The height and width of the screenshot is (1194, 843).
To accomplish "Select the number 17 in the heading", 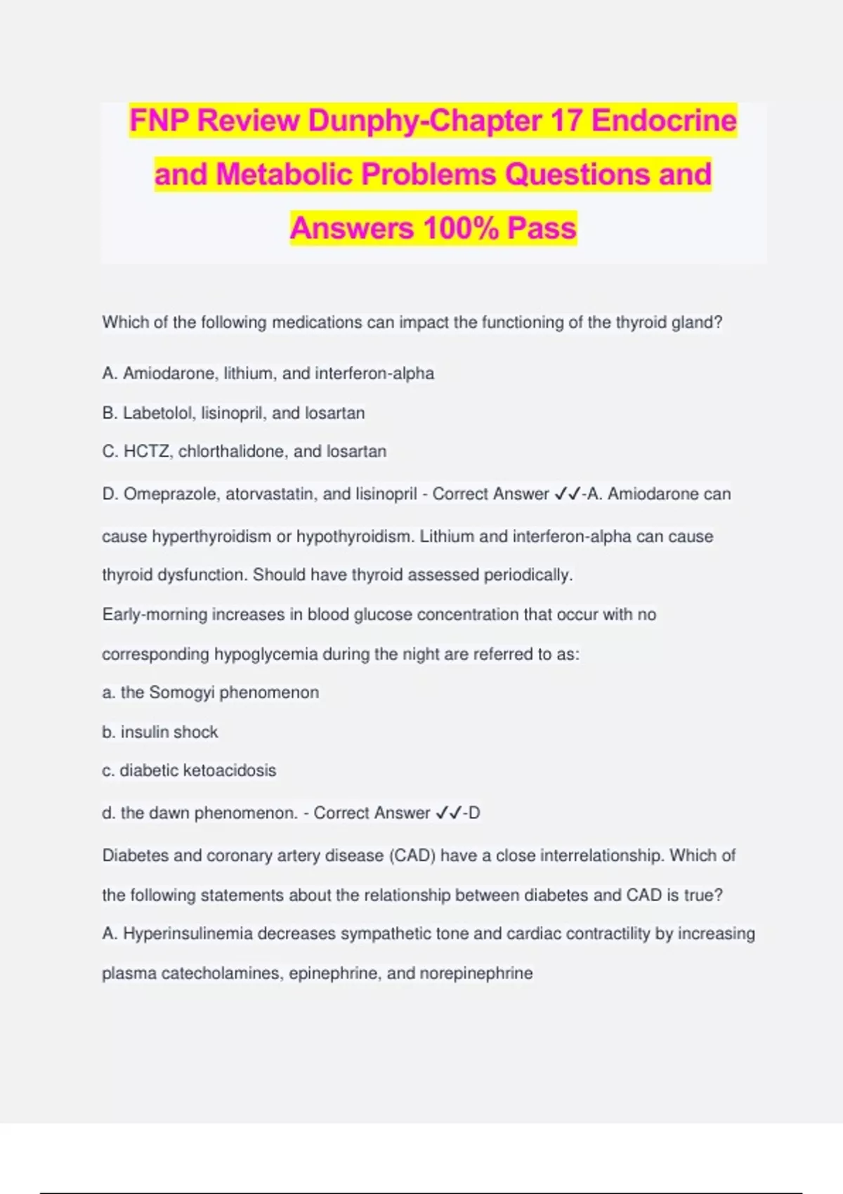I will tap(566, 121).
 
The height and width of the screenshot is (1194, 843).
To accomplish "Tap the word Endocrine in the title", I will tap(664, 121).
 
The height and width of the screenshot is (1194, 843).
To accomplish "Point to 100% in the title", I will tap(461, 228).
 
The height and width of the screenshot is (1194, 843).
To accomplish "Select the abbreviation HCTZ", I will tap(146, 452).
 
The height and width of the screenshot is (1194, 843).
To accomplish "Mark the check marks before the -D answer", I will tap(448, 813).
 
